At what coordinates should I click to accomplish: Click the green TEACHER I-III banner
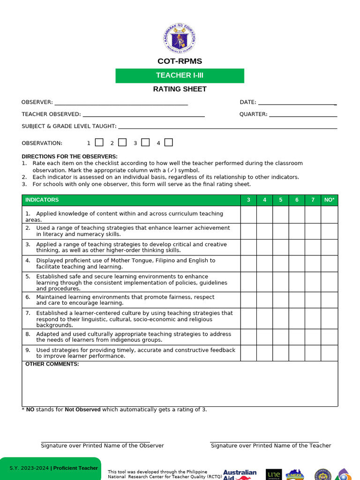click(x=180, y=75)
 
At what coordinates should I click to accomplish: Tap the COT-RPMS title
click(x=180, y=61)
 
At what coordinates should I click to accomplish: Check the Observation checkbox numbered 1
click(x=99, y=142)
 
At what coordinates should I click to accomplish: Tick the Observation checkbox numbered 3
click(x=145, y=142)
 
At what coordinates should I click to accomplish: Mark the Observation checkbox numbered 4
click(x=169, y=142)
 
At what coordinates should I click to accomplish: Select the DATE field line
click(x=297, y=104)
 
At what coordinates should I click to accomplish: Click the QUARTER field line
click(x=303, y=115)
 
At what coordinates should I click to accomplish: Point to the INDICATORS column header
click(x=42, y=200)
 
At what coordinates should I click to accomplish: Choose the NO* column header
click(x=329, y=200)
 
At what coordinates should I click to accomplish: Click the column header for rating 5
click(x=281, y=200)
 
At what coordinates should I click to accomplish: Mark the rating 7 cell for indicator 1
click(x=313, y=215)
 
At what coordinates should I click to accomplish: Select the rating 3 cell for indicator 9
click(x=248, y=353)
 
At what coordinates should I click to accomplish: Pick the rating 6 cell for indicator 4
click(x=297, y=263)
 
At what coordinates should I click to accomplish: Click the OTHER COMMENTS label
click(x=52, y=364)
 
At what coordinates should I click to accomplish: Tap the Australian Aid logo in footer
click(x=240, y=474)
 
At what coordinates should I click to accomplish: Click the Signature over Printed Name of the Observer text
click(x=102, y=446)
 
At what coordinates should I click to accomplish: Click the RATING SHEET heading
click(x=180, y=89)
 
